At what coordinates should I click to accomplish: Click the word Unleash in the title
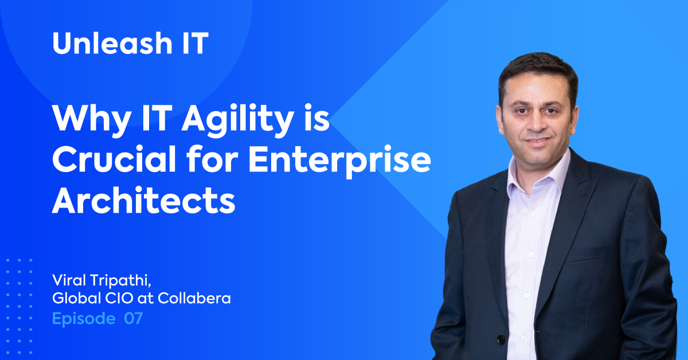point(112,43)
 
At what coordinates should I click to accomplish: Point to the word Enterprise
point(339,161)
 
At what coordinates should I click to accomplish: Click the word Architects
point(144,199)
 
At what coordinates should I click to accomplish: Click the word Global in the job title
point(76,298)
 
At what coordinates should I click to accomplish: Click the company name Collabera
point(194,298)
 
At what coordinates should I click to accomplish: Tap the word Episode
point(84,319)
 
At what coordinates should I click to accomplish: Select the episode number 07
point(133,318)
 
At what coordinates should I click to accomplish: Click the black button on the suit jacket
point(501,339)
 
